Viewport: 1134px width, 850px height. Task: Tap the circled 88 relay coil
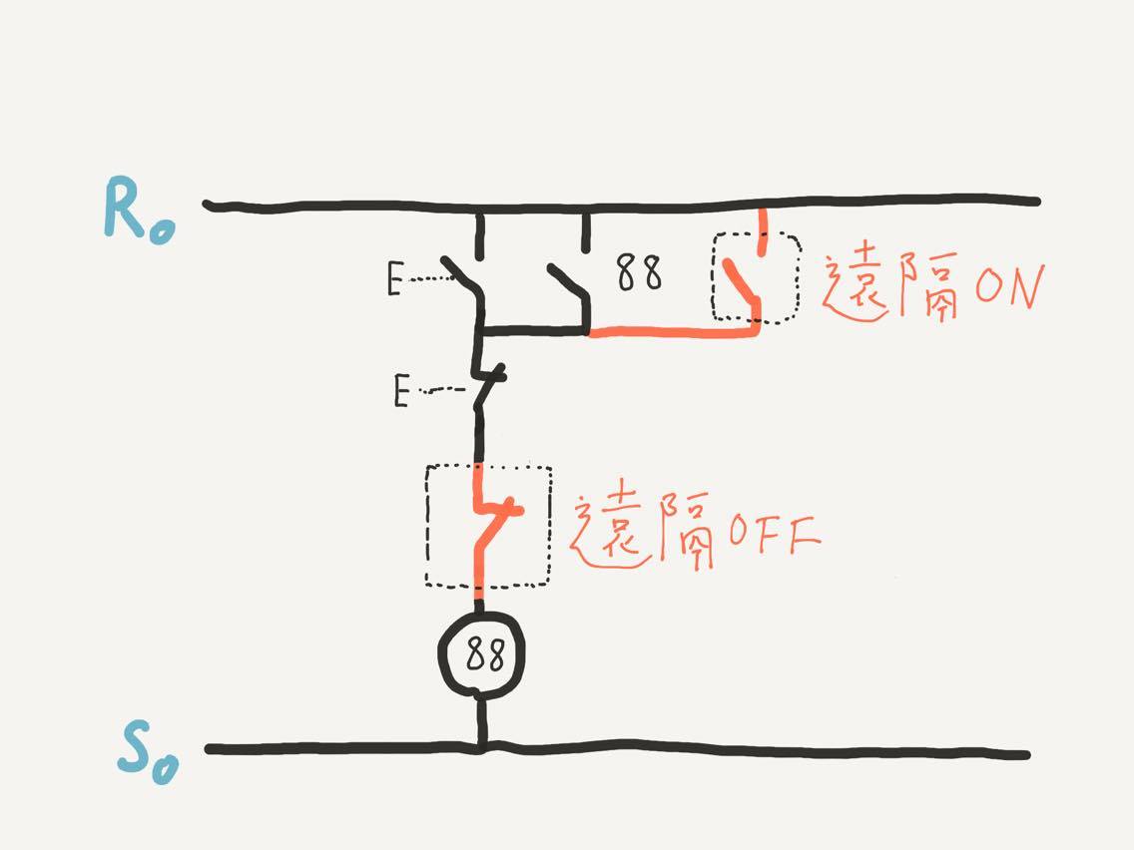481,655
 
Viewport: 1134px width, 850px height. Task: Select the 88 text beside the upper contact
639,272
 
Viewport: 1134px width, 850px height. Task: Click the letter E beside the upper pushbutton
394,279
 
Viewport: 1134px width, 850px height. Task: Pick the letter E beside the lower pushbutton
401,391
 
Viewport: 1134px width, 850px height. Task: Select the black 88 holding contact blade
569,283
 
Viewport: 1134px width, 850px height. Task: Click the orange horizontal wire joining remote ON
674,332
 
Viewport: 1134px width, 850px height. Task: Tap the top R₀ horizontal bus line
622,206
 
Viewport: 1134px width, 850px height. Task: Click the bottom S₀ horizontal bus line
618,749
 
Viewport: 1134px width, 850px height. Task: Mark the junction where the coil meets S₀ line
480,747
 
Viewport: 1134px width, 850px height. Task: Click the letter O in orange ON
991,284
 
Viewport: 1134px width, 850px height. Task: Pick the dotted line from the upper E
428,278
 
